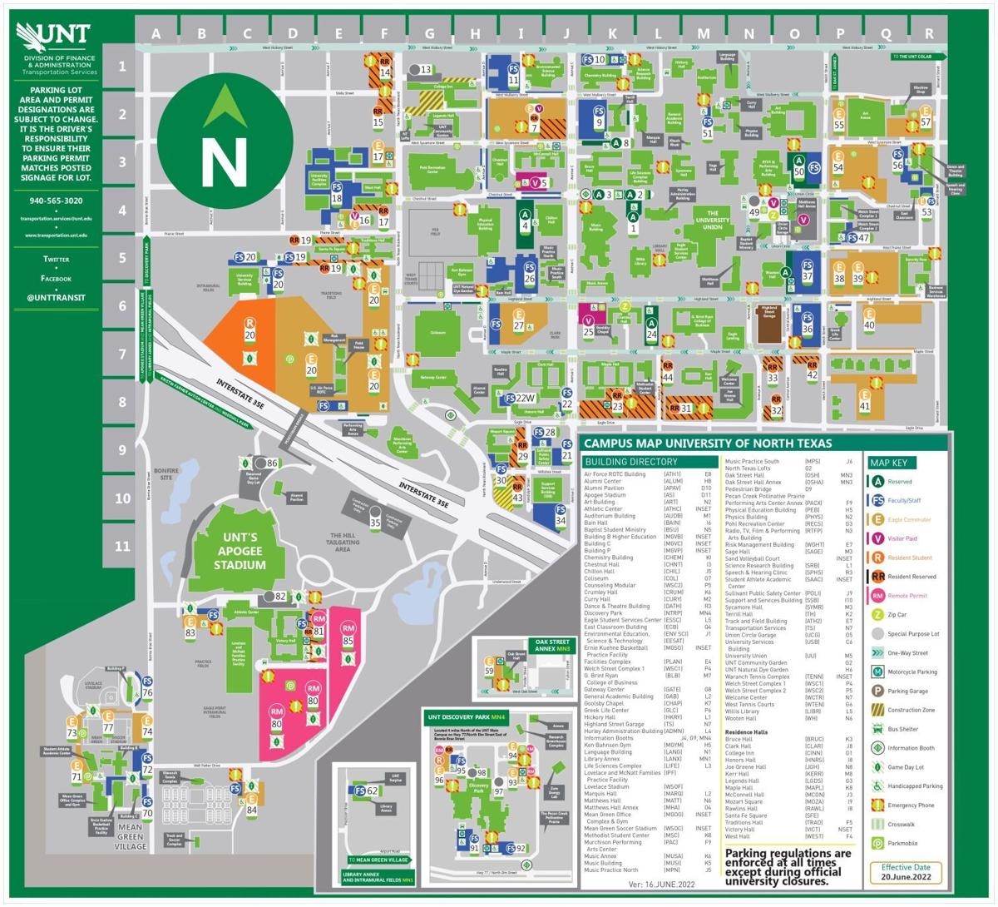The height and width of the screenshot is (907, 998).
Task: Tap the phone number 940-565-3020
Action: click(56, 201)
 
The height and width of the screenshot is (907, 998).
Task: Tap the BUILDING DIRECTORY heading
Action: click(630, 462)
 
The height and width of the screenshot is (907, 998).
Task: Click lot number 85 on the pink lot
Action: click(348, 641)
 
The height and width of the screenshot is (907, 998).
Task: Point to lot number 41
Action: click(865, 406)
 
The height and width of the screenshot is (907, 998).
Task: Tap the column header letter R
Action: click(929, 34)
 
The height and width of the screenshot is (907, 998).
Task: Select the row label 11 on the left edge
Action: click(122, 547)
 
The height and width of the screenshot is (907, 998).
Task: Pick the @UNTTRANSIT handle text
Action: click(56, 297)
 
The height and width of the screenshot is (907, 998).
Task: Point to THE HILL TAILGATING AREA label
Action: click(343, 541)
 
